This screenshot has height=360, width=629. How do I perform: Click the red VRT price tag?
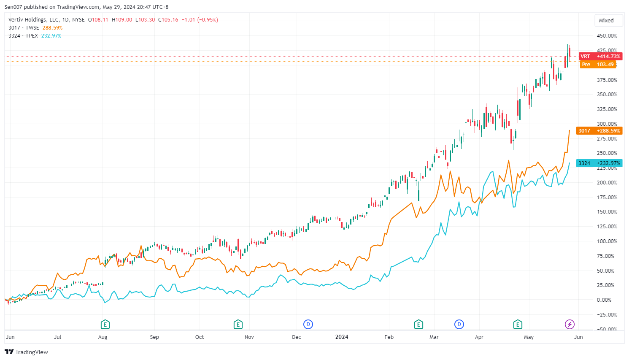point(600,57)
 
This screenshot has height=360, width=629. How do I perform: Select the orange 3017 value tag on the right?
point(599,131)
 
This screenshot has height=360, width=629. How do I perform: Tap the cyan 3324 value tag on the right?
point(599,163)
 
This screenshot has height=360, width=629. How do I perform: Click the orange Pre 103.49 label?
point(598,65)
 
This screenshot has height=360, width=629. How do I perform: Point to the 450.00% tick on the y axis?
point(607,36)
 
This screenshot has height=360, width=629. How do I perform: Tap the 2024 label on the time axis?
point(342,337)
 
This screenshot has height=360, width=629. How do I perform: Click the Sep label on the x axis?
point(154,337)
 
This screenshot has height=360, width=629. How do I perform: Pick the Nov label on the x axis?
point(249,337)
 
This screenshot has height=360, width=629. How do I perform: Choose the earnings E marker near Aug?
point(105,325)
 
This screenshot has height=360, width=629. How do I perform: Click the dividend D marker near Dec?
point(308,325)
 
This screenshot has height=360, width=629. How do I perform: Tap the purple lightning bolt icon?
point(570,325)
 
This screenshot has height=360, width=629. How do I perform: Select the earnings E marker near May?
point(518,325)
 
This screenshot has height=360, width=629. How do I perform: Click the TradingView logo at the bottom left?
point(27,352)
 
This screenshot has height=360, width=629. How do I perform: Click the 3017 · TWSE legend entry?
point(24,28)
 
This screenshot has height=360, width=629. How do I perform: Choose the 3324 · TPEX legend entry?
point(23,36)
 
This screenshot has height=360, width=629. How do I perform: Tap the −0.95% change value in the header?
point(208,20)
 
